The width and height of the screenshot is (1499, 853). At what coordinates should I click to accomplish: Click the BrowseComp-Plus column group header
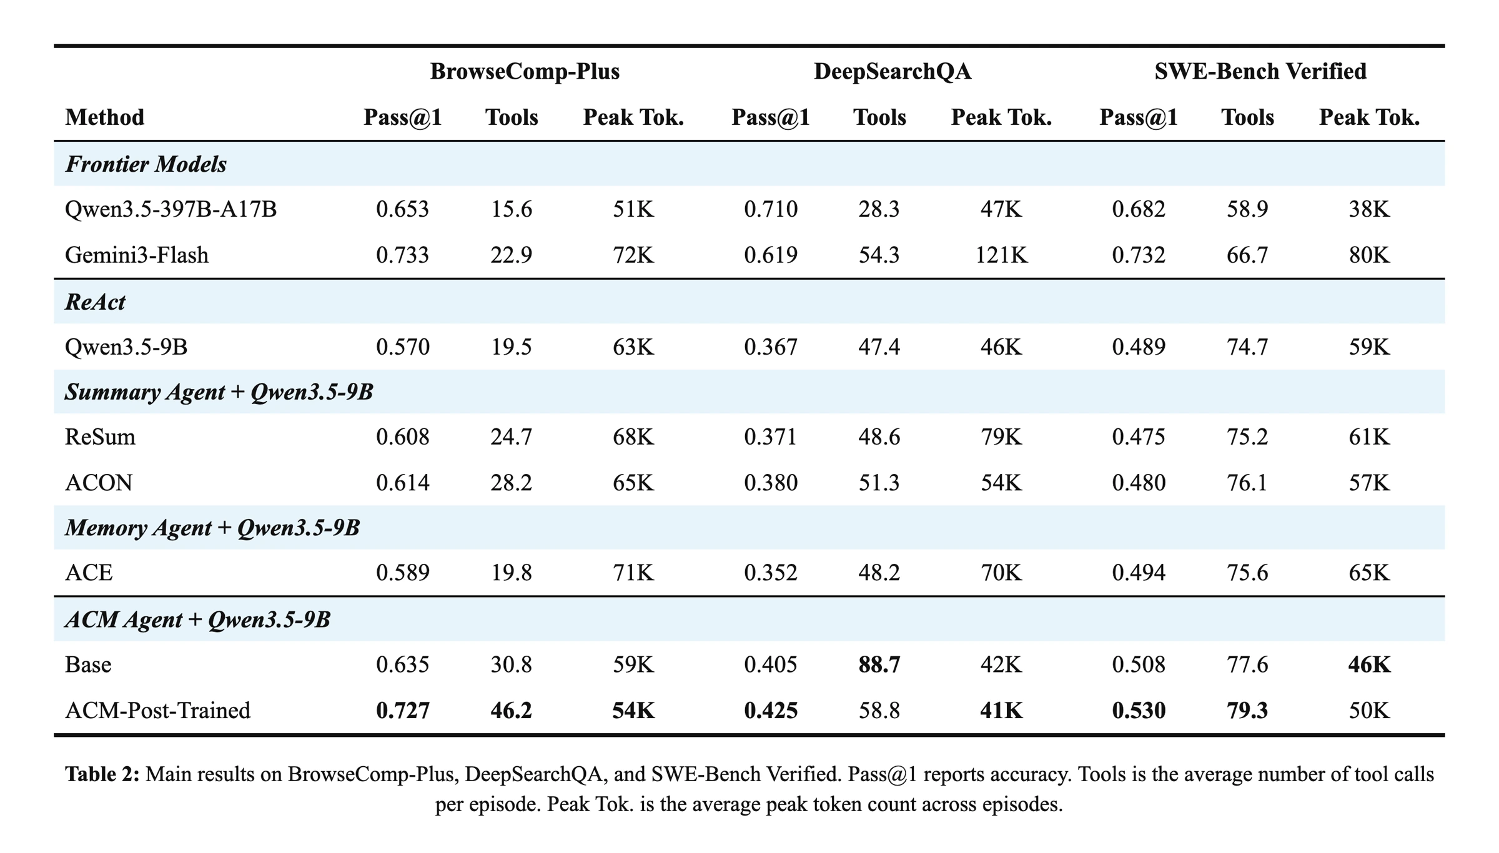click(x=525, y=71)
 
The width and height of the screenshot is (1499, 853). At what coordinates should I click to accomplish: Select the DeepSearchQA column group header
click(x=893, y=71)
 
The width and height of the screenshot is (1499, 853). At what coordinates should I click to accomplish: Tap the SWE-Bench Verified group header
click(x=1260, y=71)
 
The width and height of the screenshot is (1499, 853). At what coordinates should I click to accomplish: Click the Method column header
click(x=104, y=117)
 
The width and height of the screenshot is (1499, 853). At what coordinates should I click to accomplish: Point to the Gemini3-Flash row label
click(x=137, y=255)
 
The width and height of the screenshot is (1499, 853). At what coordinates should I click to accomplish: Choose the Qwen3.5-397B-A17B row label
click(x=171, y=209)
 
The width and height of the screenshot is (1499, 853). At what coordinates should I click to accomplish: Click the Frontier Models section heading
click(x=146, y=164)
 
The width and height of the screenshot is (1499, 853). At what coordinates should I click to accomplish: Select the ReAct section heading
click(x=95, y=302)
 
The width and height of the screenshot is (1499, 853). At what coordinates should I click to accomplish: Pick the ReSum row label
click(x=100, y=436)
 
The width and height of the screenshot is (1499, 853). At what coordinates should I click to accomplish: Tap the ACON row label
click(x=99, y=483)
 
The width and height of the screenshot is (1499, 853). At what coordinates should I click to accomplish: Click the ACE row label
click(x=89, y=573)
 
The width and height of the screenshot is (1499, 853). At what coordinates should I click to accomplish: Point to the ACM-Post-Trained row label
click(x=157, y=710)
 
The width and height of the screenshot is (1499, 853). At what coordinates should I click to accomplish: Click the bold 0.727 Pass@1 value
click(x=403, y=710)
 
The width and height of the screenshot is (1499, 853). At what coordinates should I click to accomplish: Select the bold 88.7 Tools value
click(x=879, y=664)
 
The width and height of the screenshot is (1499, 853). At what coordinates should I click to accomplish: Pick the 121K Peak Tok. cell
click(x=1001, y=255)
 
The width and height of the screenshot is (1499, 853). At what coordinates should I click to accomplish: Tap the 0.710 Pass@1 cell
click(x=771, y=209)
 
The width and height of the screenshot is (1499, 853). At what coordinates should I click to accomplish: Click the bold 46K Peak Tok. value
click(x=1369, y=664)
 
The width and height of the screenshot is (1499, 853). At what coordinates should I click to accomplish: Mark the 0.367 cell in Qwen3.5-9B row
click(x=771, y=347)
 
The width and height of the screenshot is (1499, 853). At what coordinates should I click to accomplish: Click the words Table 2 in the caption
click(x=102, y=774)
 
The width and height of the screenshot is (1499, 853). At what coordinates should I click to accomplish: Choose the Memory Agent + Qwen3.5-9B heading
click(x=212, y=528)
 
